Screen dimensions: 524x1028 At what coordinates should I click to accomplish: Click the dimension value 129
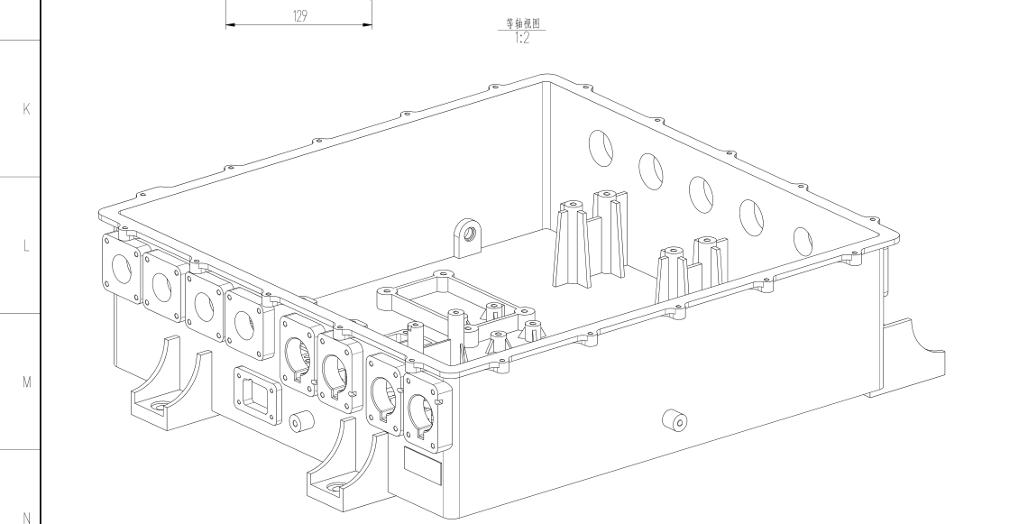click(298, 16)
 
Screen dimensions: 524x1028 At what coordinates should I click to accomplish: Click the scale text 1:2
click(523, 39)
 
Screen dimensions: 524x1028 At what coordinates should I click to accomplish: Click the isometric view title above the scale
click(523, 25)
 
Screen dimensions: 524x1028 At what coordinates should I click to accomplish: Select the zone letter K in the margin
click(26, 109)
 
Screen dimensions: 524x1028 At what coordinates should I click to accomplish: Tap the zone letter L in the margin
click(26, 245)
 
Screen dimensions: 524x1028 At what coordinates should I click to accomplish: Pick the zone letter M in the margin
click(26, 382)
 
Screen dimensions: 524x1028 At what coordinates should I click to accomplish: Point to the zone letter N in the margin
click(26, 517)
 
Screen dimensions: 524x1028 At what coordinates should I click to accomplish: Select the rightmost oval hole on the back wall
click(802, 241)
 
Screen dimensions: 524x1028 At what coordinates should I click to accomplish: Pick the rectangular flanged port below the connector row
click(255, 394)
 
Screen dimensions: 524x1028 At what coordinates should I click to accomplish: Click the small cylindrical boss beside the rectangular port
click(301, 421)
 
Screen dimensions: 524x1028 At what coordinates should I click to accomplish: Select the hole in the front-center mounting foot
click(335, 488)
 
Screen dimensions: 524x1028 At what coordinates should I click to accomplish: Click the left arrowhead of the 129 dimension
click(229, 25)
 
